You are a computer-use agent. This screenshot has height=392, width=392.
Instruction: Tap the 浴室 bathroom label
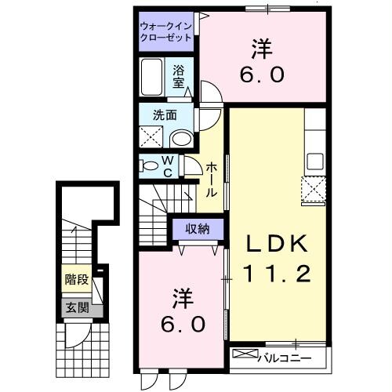click(x=180, y=75)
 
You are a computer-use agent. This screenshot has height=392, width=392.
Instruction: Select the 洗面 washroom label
click(x=165, y=114)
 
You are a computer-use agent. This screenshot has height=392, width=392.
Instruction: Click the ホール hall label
click(x=212, y=180)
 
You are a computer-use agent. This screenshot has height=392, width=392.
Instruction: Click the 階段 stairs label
click(x=76, y=278)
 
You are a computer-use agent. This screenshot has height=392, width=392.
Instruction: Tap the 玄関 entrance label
click(x=76, y=307)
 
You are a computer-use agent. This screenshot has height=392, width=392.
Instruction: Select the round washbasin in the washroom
click(x=181, y=139)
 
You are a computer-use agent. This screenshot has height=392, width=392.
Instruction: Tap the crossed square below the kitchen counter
click(x=314, y=189)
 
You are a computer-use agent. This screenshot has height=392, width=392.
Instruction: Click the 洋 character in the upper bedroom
click(x=261, y=48)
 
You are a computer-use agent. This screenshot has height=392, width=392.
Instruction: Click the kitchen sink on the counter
click(x=315, y=162)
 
